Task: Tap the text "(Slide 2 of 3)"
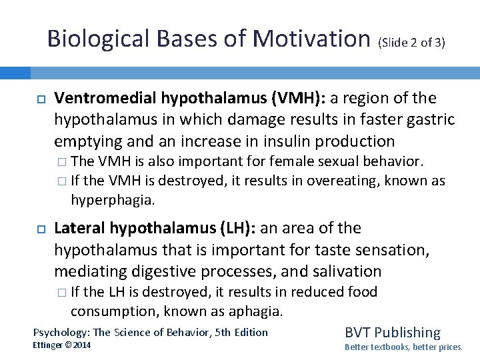(x=411, y=43)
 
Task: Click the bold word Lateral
(x=79, y=228)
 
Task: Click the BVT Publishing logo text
(x=392, y=332)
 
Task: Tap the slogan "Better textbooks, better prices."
(x=403, y=347)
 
